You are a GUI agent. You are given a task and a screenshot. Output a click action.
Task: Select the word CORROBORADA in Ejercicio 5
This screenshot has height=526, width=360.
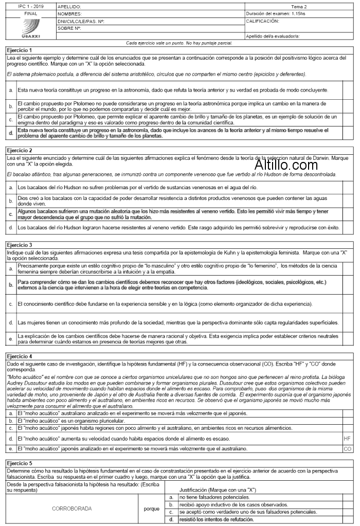[72, 509]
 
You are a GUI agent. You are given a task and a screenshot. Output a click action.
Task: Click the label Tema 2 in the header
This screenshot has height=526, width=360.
[299, 7]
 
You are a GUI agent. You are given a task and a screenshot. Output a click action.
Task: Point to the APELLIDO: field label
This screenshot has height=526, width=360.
[69, 7]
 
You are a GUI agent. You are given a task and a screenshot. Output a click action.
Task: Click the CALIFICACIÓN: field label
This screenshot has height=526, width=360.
[263, 22]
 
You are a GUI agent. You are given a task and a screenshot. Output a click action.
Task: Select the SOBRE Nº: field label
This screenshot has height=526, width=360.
[70, 29]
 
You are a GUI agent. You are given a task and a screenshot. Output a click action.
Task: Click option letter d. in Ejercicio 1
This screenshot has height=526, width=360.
[11, 133]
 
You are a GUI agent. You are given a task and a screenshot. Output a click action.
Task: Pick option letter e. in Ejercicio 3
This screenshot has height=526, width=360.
[11, 339]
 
